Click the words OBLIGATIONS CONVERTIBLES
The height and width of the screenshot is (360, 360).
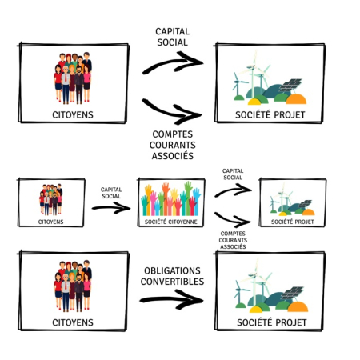tap(172, 276)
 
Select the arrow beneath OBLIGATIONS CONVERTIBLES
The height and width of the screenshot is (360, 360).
tap(171, 300)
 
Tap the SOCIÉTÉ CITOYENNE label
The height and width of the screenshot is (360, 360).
tap(171, 222)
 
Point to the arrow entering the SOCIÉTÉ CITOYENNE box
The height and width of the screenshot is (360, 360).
tap(111, 208)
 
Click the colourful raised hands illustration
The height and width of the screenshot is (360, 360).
tap(171, 198)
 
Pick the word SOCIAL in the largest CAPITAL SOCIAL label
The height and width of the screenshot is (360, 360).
tap(172, 42)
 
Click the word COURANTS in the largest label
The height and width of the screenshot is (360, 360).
tap(173, 145)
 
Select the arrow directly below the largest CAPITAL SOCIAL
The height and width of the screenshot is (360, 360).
tap(173, 63)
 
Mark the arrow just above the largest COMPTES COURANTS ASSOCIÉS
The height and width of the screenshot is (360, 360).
tap(172, 111)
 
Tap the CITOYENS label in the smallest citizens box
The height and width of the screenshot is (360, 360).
tap(50, 222)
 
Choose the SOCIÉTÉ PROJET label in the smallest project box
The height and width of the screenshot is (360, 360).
tap(293, 222)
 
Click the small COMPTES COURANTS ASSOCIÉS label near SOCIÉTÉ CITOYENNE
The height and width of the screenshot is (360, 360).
tap(233, 240)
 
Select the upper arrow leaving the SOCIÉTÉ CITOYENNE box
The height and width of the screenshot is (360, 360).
tap(234, 190)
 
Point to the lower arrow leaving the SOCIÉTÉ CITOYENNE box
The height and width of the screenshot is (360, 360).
tap(233, 219)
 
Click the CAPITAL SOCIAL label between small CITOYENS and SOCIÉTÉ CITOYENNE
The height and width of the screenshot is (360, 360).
tap(111, 193)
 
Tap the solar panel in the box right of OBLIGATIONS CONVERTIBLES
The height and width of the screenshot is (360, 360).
tap(292, 293)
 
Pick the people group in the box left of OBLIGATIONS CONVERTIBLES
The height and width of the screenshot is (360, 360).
tap(73, 286)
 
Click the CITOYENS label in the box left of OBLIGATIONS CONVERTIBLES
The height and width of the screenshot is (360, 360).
tap(73, 322)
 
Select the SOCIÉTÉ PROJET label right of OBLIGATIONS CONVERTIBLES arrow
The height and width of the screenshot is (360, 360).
tap(272, 322)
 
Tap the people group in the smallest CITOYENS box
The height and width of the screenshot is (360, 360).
tap(51, 199)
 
